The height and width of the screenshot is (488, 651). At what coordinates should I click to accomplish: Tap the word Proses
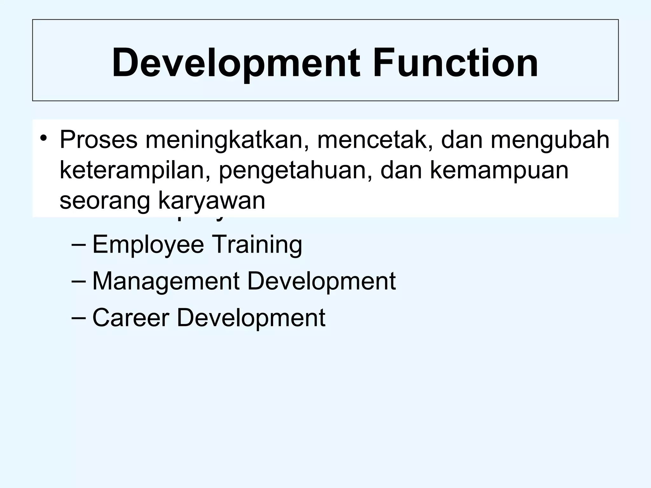click(x=99, y=140)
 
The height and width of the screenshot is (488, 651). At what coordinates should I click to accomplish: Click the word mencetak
click(x=375, y=140)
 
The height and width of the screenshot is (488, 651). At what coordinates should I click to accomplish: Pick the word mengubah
click(x=550, y=140)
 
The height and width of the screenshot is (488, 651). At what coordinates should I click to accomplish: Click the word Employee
click(x=148, y=245)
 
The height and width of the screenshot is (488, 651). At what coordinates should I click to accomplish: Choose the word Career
click(x=131, y=318)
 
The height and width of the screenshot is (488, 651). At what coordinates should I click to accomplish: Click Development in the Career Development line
click(x=251, y=318)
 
